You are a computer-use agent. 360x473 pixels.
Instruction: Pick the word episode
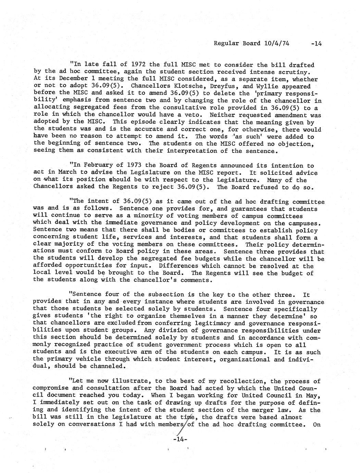[141, 122]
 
